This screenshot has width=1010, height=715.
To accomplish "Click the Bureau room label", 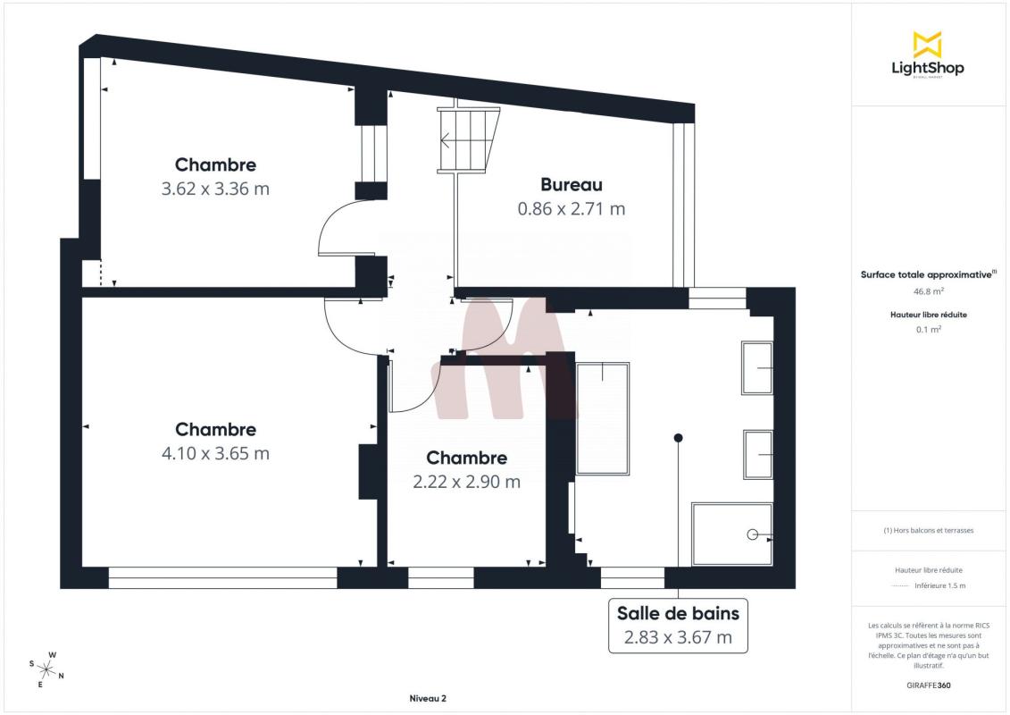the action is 572,184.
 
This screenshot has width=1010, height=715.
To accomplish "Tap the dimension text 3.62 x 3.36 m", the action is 215,189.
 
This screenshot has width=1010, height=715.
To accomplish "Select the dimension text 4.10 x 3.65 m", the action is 215,453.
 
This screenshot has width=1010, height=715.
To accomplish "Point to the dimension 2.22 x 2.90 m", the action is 466,482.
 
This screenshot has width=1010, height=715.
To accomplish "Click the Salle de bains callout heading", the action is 679,613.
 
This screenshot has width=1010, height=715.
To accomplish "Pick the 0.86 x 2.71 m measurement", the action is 572,209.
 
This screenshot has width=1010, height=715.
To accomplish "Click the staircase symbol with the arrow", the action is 469,140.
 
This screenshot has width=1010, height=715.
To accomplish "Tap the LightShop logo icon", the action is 928,45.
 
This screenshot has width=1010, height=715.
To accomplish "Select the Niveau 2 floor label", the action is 428,698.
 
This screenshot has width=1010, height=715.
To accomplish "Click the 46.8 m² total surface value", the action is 928,291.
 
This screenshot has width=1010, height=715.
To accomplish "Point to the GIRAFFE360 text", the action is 928,686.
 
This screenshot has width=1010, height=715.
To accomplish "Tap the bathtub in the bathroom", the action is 603,418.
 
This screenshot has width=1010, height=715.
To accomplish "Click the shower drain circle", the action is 752,534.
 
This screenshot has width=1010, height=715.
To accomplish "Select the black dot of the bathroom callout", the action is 679,438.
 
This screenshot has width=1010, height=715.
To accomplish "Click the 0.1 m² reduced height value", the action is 928,330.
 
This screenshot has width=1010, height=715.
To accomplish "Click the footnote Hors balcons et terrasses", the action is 928,531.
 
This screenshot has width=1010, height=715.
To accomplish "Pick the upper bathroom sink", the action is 757,367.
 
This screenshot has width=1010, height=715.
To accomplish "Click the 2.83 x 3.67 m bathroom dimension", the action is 679,637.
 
